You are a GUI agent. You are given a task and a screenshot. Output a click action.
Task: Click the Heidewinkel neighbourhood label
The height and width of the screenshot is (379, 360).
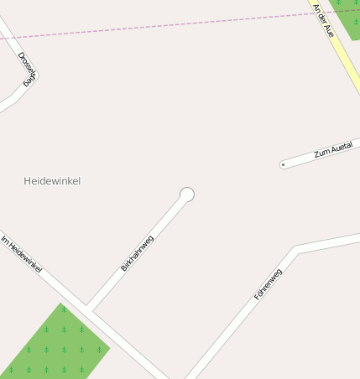coord(52,181)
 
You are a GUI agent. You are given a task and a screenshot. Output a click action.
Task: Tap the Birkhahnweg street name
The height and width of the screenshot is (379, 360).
coord(138,252)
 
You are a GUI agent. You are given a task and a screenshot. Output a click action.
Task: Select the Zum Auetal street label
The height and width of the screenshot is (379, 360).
coord(332,151)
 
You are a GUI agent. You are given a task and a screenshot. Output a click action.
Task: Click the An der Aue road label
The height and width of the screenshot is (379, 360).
coord(324,19)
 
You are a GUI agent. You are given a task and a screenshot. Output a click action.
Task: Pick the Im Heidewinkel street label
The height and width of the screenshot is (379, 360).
coord(22,255)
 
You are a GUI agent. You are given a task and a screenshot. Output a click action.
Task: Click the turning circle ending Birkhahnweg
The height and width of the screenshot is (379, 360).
coord(187,195)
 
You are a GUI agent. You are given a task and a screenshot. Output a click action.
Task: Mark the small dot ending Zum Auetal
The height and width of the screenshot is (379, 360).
coord(283,165)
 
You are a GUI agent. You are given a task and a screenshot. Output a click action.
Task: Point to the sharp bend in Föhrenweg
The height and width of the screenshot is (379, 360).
coord(297,249)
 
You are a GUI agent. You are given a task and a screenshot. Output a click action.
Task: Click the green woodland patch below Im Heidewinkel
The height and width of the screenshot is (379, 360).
coord(55,345)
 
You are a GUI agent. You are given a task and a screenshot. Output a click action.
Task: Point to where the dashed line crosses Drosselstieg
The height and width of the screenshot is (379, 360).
coord(7,38)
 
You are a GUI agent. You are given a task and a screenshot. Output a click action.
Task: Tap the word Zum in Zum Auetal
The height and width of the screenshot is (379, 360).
coord(319,155)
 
